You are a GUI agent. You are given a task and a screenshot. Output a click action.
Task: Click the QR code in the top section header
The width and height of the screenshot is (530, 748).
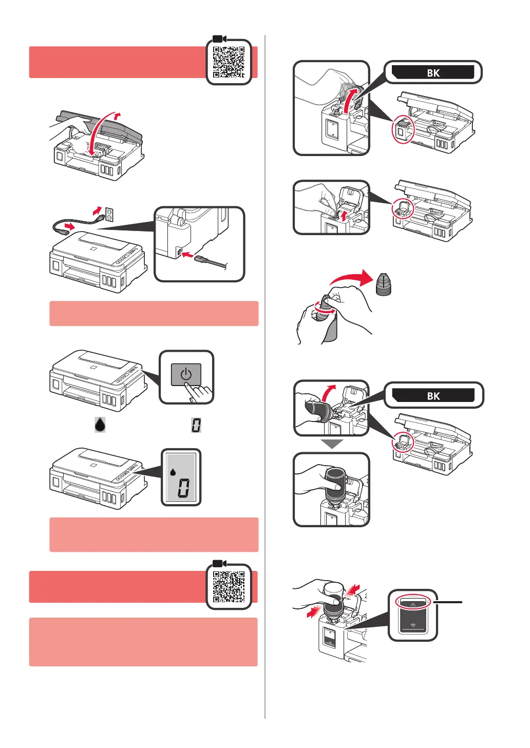tap(229, 62)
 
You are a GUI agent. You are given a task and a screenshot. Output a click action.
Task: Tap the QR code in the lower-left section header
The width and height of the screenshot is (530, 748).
tap(229, 587)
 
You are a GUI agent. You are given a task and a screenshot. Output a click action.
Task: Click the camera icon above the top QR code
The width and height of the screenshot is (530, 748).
tap(219, 39)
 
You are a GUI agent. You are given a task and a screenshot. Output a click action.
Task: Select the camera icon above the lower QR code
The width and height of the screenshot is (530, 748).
tap(219, 564)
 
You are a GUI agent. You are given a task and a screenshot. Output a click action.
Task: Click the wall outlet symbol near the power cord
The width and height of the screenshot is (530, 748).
tap(109, 214)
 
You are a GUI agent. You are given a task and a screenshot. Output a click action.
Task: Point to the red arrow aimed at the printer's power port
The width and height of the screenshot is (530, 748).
tap(188, 254)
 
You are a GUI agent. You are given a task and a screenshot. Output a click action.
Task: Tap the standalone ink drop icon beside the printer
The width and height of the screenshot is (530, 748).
tap(100, 425)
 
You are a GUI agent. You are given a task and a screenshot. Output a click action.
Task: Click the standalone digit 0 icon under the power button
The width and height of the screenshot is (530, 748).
tap(196, 425)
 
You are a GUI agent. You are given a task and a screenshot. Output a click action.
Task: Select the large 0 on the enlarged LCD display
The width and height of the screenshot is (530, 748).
tap(183, 487)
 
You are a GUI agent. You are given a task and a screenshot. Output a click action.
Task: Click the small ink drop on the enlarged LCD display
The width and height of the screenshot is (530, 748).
tap(173, 471)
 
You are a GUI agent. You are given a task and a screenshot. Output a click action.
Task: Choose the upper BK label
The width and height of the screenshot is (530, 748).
tap(432, 72)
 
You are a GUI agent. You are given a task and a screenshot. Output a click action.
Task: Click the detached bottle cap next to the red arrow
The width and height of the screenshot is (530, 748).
tap(383, 284)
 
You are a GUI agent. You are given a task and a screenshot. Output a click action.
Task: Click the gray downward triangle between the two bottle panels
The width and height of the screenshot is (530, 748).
tap(332, 444)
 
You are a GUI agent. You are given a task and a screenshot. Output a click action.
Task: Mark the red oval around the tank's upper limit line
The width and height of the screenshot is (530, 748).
tap(413, 603)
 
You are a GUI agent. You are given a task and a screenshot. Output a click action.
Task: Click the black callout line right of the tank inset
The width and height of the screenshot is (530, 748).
tap(449, 602)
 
